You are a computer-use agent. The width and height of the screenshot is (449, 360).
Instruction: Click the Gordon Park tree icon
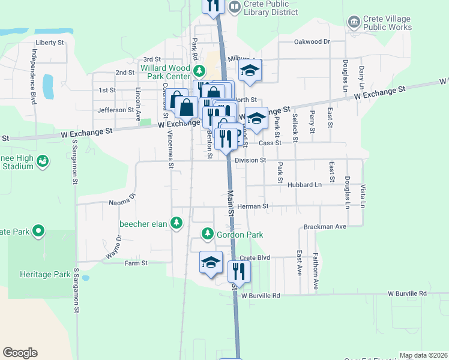[208, 233]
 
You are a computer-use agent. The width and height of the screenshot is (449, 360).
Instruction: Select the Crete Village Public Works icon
[354, 22]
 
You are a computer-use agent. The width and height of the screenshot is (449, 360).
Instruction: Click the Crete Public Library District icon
[235, 7]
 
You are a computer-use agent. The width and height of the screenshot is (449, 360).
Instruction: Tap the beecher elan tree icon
[176, 224]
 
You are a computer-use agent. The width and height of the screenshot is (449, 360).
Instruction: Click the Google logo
[20, 353]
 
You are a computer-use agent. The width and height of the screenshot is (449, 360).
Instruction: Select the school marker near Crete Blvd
[211, 263]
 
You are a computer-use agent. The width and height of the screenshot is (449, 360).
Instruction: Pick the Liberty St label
[50, 43]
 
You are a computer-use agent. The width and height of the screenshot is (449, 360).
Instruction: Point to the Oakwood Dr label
[312, 42]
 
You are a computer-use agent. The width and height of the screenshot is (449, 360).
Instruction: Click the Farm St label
[136, 263]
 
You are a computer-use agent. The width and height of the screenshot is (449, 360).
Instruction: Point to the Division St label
[250, 160]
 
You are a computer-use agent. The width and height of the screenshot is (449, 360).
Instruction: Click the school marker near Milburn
[250, 71]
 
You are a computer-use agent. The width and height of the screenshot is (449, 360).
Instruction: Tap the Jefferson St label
[115, 110]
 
